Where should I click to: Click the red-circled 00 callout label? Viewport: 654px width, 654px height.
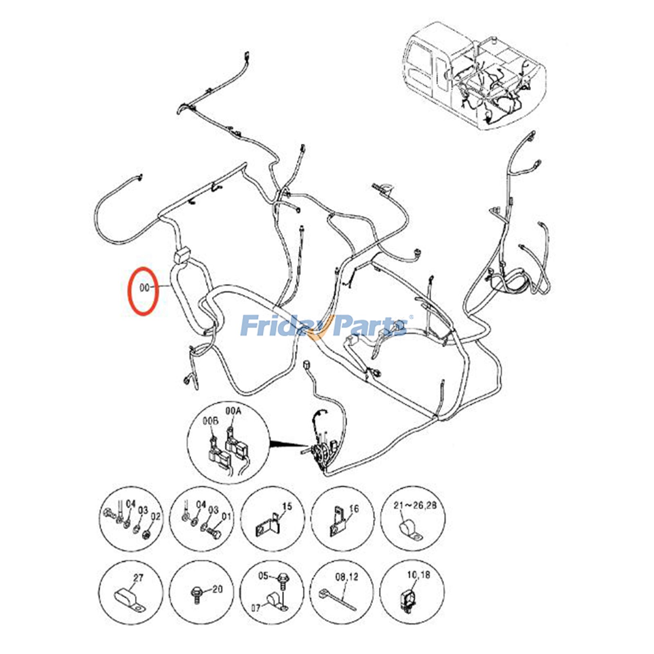point(144,288)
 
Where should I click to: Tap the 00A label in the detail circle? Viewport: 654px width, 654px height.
point(233,411)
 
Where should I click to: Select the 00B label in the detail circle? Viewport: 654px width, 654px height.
point(211,421)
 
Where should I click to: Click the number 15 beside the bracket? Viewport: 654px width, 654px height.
point(287,506)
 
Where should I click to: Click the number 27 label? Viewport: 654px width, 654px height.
point(138,578)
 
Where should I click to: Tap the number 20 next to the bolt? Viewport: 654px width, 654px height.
point(217,589)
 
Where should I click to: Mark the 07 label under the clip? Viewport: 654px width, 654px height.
point(256,608)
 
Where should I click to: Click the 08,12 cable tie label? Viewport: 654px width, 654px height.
point(347,577)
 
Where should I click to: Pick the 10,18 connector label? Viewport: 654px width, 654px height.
point(418,575)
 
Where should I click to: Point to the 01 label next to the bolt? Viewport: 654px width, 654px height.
point(226,516)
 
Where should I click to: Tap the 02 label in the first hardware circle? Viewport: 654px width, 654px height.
point(155,517)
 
